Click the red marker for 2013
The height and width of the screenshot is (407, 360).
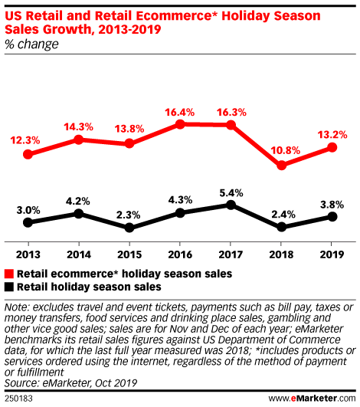[28, 154]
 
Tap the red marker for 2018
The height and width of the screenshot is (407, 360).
[282, 165]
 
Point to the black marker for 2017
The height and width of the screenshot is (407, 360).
[231, 205]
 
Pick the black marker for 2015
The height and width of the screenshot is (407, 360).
[129, 228]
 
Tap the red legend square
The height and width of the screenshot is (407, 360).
[9, 273]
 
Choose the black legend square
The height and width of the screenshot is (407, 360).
[9, 287]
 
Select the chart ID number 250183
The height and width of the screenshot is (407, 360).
[18, 399]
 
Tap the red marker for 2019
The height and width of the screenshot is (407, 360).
[332, 147]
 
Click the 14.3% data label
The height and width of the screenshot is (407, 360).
[79, 126]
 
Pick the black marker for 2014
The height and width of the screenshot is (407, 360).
[79, 213]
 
